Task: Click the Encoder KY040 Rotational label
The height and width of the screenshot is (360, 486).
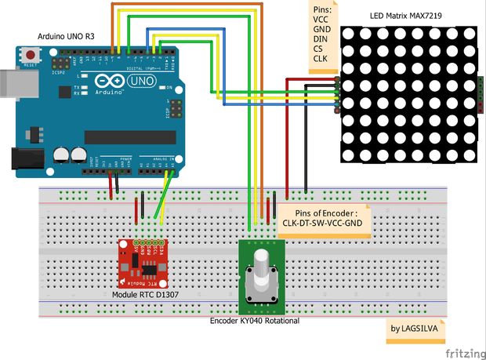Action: pyautogui.click(x=255, y=320)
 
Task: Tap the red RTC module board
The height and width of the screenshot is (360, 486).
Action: pyautogui.click(x=142, y=262)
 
